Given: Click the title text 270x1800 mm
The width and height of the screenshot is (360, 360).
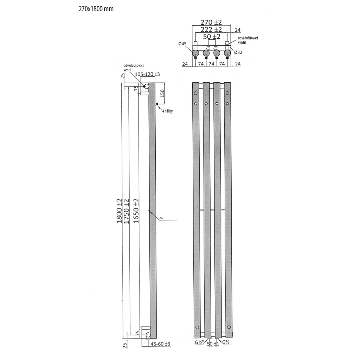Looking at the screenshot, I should pos(96,9).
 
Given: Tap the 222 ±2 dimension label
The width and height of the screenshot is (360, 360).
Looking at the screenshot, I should pos(211,29).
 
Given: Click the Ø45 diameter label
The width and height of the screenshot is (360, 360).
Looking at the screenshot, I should pos(182,44).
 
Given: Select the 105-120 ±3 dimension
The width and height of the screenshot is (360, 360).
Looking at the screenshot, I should pos(148,74).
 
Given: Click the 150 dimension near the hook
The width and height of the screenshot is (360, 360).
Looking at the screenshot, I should pos(162,93).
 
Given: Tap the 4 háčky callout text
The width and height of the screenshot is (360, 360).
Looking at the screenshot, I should pos(167,111).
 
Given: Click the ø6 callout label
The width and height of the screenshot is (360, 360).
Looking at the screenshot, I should pos(160,218).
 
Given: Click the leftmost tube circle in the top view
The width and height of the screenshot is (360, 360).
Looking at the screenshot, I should pos(196,53).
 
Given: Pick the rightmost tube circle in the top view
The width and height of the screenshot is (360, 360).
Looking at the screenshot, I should pos(227,53).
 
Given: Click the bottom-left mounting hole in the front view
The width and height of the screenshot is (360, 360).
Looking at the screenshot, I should pos(196,323).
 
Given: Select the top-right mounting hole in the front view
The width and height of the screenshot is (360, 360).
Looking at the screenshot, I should pos(227,93).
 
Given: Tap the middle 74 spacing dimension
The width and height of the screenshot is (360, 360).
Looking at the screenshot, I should pos(212,64).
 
